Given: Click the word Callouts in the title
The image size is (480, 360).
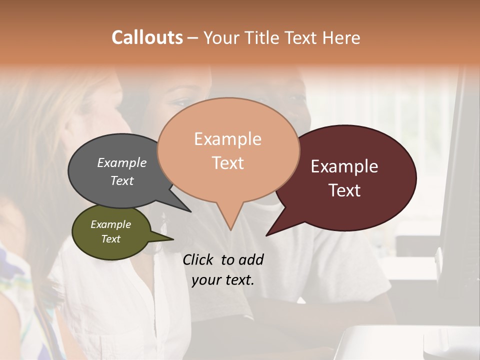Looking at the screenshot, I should [147, 37].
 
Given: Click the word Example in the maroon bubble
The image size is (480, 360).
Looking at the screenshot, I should [344, 166].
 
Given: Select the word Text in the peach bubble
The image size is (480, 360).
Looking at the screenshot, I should [228, 163].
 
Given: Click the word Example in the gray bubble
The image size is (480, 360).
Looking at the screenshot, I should [122, 162].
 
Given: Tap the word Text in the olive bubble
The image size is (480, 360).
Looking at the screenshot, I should [111, 239].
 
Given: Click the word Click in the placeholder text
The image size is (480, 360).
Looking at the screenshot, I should [198, 259].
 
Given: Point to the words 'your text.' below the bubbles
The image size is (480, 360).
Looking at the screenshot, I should [223, 280].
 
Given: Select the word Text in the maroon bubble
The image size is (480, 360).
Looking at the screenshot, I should [345, 190].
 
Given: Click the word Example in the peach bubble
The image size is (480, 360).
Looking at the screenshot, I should [228, 139].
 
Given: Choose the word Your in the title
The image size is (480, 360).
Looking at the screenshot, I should [222, 37].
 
